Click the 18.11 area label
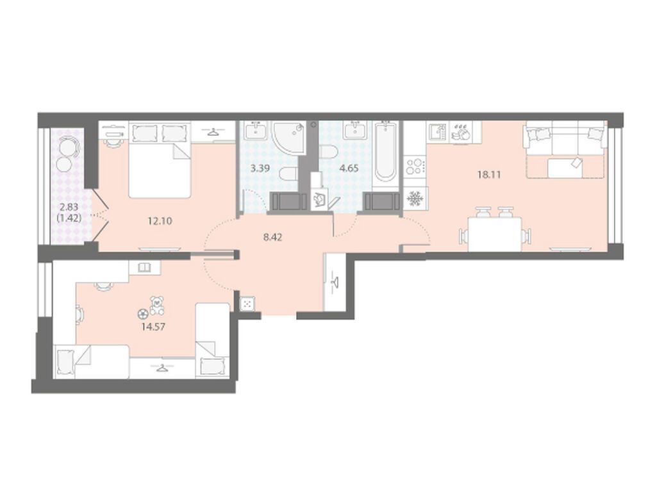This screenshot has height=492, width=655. click(x=489, y=175)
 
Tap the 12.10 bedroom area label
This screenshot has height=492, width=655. click(x=160, y=221)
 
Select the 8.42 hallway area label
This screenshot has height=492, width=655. click(x=272, y=237)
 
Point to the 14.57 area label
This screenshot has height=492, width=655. click(x=153, y=327)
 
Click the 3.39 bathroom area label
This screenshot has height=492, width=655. click(x=260, y=168)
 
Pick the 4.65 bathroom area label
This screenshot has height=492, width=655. click(x=349, y=168)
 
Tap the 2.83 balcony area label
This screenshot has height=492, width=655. click(x=69, y=207)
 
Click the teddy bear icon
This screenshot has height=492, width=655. click(x=156, y=306)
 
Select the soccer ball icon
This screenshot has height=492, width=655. click(x=143, y=313)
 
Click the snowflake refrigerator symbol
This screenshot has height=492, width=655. click(x=415, y=198)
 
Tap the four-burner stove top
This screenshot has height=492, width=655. click(x=415, y=166)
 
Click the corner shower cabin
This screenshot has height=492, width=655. click(x=289, y=138)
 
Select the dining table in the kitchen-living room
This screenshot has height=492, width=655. click(x=495, y=234)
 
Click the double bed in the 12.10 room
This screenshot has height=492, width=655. click(x=160, y=160)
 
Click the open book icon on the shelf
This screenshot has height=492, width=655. click(x=144, y=267)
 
